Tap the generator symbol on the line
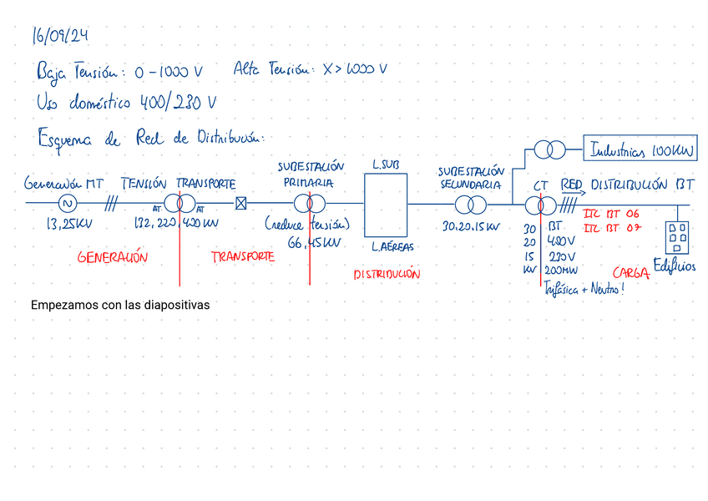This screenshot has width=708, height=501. coord(68,203)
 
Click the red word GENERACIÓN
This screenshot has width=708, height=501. coord(112,258)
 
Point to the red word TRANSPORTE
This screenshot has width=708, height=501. coord(242,257)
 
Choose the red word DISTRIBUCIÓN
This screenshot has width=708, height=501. coord(387,274)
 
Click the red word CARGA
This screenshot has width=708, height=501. coord(631,273)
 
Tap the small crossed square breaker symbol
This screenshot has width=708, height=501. coord(241,203)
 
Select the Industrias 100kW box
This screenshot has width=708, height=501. coord(640,151)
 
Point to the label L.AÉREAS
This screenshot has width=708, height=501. coord(392,247)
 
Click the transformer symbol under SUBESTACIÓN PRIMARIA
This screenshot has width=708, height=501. coord(308,203)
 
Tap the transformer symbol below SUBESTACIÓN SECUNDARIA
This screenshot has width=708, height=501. coord(470,204)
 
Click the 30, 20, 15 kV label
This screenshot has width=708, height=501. coord(471,226)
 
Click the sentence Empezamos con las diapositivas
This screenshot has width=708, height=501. coord(119,306)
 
